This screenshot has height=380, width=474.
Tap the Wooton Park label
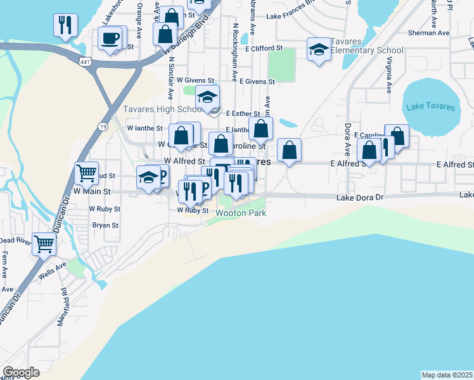pos(241,213)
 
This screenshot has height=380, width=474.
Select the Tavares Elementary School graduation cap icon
pos(319,49)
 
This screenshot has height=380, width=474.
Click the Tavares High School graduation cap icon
pos(207,97)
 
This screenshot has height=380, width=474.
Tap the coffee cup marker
pos(110,38)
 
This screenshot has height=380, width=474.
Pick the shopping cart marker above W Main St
pos(86,171)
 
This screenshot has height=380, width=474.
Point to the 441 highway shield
pos(84,61)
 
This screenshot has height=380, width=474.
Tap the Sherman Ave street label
pos(429,32)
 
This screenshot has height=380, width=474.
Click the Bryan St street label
pos(106,225)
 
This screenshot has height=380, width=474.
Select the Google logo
pos(21,372)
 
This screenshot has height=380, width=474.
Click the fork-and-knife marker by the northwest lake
pos(64,25)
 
